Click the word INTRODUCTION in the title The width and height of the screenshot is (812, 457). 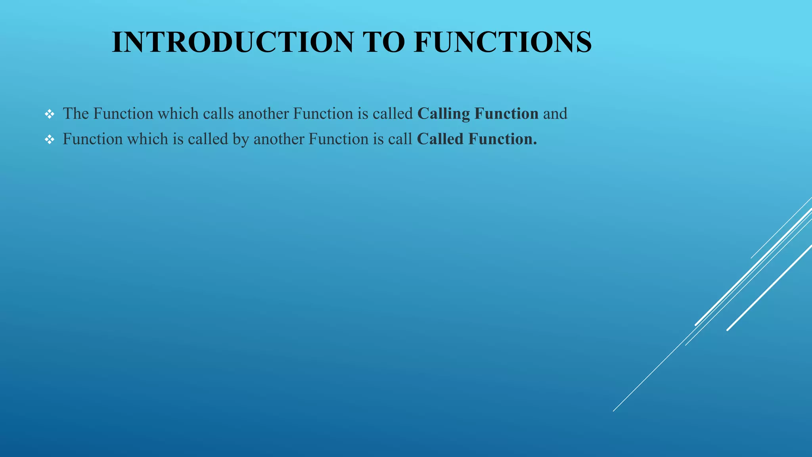pyautogui.click(x=232, y=42)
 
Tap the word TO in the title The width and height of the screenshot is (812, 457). pyautogui.click(x=383, y=42)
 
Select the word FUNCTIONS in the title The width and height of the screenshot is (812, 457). pyautogui.click(x=503, y=42)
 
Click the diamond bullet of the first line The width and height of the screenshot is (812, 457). pyautogui.click(x=50, y=115)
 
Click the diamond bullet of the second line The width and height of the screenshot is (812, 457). pyautogui.click(x=50, y=140)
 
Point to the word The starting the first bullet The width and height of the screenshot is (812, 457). pyautogui.click(x=76, y=114)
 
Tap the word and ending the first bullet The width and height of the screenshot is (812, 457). pyautogui.click(x=555, y=114)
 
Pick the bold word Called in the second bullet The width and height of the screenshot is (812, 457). pyautogui.click(x=440, y=139)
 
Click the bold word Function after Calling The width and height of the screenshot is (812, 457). pyautogui.click(x=506, y=114)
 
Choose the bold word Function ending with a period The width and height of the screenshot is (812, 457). pyautogui.click(x=502, y=139)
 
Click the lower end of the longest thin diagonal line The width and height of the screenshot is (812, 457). pyautogui.click(x=614, y=411)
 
